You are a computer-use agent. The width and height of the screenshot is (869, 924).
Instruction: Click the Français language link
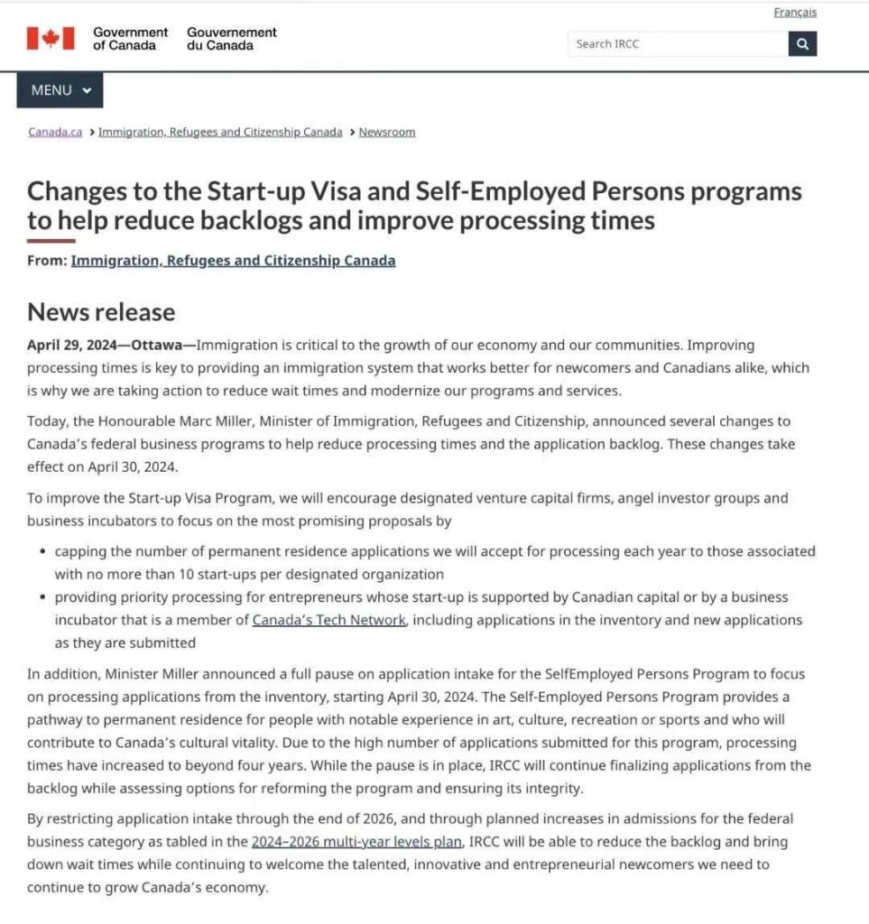(795, 13)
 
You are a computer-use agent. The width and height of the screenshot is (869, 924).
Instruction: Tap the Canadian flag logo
(50, 38)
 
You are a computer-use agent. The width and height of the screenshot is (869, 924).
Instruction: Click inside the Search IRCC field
(677, 43)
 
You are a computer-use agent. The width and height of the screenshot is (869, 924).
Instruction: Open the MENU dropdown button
(60, 90)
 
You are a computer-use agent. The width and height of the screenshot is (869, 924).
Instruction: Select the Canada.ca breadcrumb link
(55, 132)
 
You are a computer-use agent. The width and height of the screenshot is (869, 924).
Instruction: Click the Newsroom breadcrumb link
(387, 132)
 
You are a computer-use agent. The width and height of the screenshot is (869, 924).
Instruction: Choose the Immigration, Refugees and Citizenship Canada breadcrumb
(220, 132)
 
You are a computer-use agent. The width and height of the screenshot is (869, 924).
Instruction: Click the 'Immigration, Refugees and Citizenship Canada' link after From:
(233, 261)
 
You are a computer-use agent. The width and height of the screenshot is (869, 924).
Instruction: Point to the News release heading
(101, 312)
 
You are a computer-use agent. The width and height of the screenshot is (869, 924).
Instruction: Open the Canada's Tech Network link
(328, 620)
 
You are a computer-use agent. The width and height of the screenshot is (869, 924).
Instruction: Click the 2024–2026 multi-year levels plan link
(357, 842)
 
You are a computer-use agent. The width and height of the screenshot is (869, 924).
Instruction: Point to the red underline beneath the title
(51, 241)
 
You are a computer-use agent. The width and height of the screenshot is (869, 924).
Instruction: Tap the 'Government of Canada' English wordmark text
(130, 38)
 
